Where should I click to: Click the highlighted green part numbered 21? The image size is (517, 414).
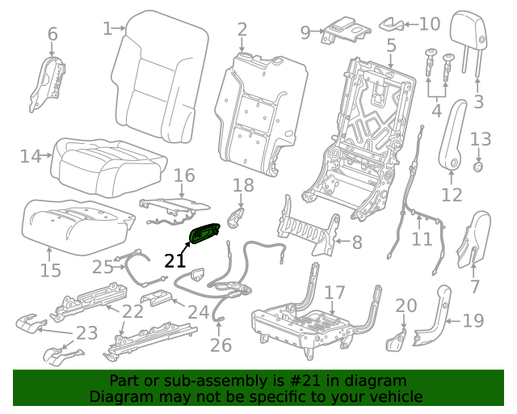tap(206, 233)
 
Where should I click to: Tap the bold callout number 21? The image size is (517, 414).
tap(174, 260)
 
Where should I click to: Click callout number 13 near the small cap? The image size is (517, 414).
tap(480, 140)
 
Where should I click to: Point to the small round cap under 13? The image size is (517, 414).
tap(477, 167)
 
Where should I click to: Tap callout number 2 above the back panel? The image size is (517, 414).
tap(242, 31)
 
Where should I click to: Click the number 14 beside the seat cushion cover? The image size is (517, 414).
tap(30, 156)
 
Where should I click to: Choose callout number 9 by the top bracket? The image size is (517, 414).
tap(305, 32)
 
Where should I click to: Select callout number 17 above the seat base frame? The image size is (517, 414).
tap(334, 292)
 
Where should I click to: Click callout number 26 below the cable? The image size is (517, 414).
tap(221, 345)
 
